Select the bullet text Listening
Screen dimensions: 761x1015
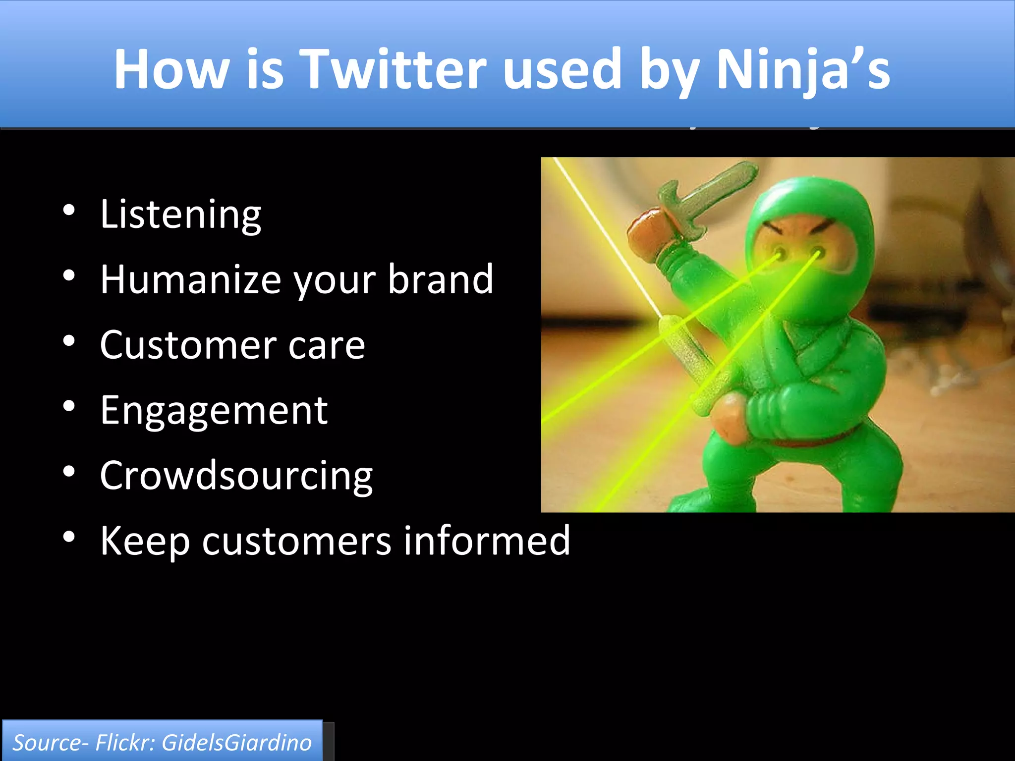coord(180,215)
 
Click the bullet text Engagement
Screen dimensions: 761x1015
coord(214,411)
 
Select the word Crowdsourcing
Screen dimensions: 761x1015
coord(236,476)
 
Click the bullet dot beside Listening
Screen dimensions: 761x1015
coord(69,211)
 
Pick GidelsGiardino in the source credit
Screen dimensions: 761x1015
coord(236,743)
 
